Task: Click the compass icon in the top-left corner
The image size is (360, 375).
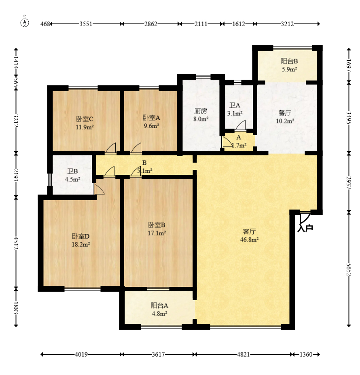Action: click(25, 23)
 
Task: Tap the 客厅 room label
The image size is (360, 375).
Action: click(249, 231)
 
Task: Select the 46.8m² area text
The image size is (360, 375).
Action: click(249, 239)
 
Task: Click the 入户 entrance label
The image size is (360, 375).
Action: click(305, 228)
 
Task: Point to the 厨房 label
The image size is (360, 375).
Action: click(201, 111)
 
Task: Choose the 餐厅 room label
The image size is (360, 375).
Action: click(285, 113)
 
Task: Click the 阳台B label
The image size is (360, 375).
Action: click(289, 61)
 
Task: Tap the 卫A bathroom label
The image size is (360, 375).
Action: click(235, 105)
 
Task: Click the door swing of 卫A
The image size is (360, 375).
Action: click(240, 125)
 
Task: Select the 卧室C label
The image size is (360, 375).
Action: click(85, 119)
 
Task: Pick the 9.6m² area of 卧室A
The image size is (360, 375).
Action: click(151, 126)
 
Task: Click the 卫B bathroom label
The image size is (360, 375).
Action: click(72, 171)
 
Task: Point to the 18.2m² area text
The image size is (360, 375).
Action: click(81, 244)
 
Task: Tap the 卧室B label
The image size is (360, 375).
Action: click(157, 225)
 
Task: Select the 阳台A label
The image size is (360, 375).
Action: click(159, 305)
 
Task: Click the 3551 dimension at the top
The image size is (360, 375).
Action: click(86, 24)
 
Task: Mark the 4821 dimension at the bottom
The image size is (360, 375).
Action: click(243, 354)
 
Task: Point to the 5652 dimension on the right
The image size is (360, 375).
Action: click(349, 269)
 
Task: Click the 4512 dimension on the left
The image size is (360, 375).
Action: click(16, 243)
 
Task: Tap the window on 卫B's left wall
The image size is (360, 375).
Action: click(50, 179)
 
